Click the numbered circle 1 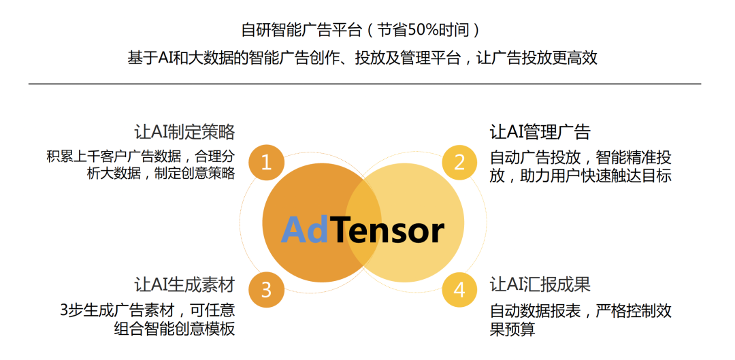click(266, 163)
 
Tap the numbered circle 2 click(459, 163)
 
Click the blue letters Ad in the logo click(305, 230)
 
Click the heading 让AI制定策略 click(184, 132)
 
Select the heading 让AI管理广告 click(540, 132)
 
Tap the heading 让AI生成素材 click(184, 284)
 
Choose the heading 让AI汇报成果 click(540, 284)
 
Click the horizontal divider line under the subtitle click(365, 84)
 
